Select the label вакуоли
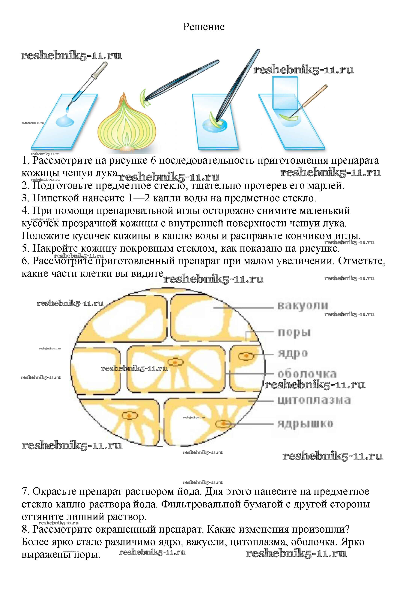click(302, 306)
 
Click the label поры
click(294, 333)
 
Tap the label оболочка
click(307, 374)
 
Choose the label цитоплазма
click(314, 401)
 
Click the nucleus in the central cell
click(176, 362)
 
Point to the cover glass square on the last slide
click(285, 94)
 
